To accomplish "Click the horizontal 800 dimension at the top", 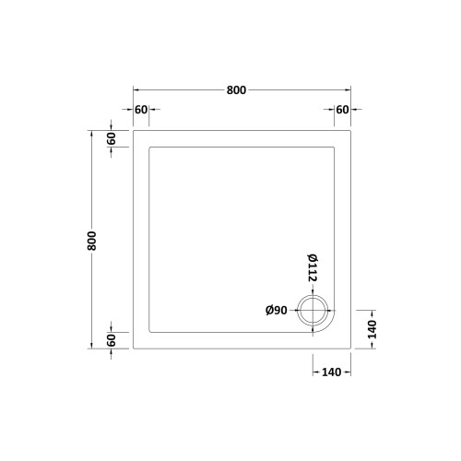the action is point(236,90).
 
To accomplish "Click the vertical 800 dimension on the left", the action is point(91,241).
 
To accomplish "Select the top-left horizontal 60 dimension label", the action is point(141,110).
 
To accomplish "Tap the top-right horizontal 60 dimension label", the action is point(342,110).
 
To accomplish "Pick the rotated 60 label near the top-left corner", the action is point(112,138).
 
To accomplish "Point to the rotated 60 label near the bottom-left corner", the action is point(112,340).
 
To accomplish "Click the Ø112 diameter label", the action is point(313,268).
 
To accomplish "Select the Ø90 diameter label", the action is point(277,311).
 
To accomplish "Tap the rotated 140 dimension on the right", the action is point(372,329).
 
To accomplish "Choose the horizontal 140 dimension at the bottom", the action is point(332,372).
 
